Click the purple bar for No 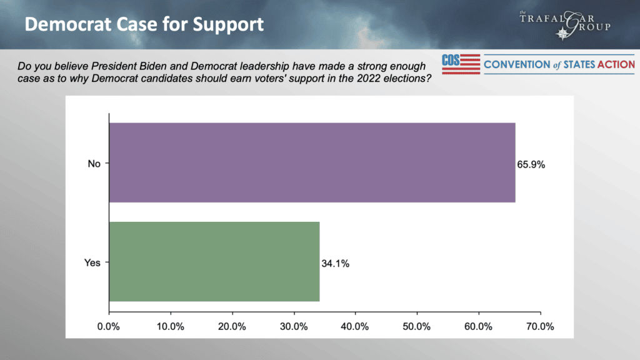point(312,162)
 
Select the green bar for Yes point(214,261)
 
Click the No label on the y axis point(94,164)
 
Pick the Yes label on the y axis point(92,262)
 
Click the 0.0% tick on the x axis point(109,326)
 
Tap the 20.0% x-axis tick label point(232,326)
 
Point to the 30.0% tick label point(294,326)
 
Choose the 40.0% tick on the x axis point(355,326)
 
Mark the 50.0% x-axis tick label point(417,326)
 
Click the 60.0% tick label point(479,326)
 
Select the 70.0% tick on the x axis point(540,326)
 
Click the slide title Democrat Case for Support point(144,25)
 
